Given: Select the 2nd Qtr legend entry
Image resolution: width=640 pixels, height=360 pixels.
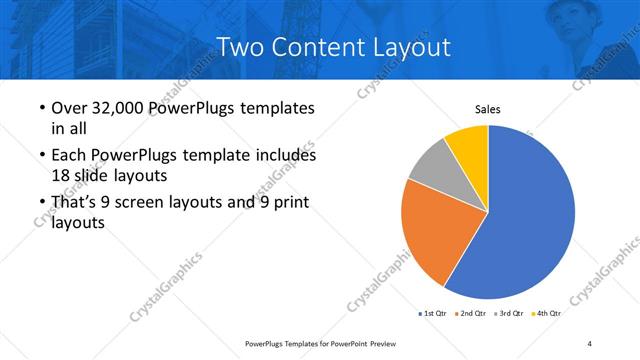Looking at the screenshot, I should coord(471,313).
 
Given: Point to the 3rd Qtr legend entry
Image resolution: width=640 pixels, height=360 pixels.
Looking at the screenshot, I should coord(509,313).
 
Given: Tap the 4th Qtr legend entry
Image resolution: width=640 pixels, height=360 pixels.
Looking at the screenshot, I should coord(546,313).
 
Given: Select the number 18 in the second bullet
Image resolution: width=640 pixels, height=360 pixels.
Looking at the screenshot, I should coord(61,175).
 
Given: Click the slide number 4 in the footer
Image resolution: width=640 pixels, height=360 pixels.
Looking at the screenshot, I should coord(590,343).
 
